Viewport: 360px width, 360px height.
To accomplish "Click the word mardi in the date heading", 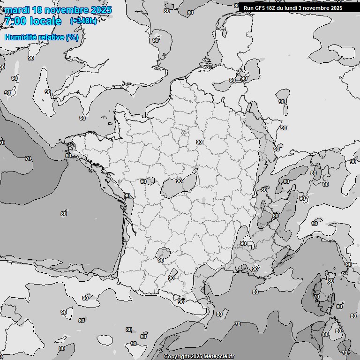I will click(17, 10).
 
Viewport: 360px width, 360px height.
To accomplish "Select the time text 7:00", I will click(15, 21).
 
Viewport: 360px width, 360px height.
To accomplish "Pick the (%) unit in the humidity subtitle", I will click(72, 37).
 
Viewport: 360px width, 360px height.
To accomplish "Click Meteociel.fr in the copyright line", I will click(217, 356).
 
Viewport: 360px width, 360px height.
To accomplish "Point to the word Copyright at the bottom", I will click(177, 356).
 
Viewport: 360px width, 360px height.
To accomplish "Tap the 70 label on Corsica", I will click(316, 297).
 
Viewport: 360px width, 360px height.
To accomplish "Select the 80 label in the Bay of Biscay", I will click(64, 214).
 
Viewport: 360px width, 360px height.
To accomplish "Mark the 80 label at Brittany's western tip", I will click(68, 156).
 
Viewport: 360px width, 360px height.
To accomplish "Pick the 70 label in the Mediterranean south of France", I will click(238, 324).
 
